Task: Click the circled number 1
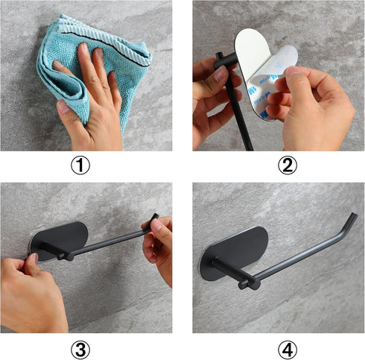pyautogui.click(x=80, y=165)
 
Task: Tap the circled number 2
pyautogui.click(x=288, y=165)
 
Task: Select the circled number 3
pyautogui.click(x=80, y=350)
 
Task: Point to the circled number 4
pyautogui.click(x=288, y=350)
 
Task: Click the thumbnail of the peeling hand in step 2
pyautogui.click(x=293, y=71)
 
